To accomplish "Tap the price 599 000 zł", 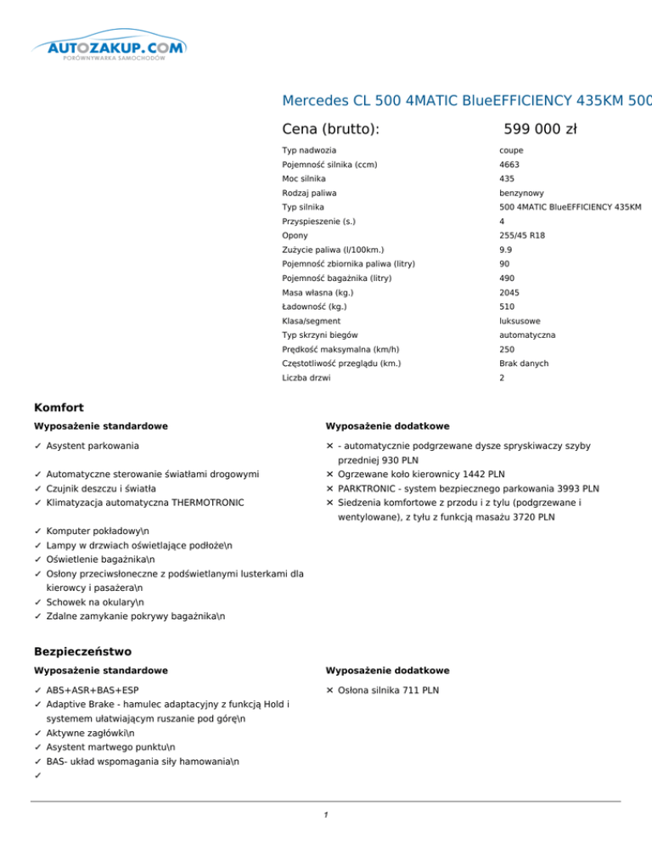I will pyautogui.click(x=540, y=129).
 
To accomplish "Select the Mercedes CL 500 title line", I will pyautogui.click(x=466, y=101).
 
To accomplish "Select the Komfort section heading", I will pyautogui.click(x=59, y=408).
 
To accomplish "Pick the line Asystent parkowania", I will pyautogui.click(x=93, y=445).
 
